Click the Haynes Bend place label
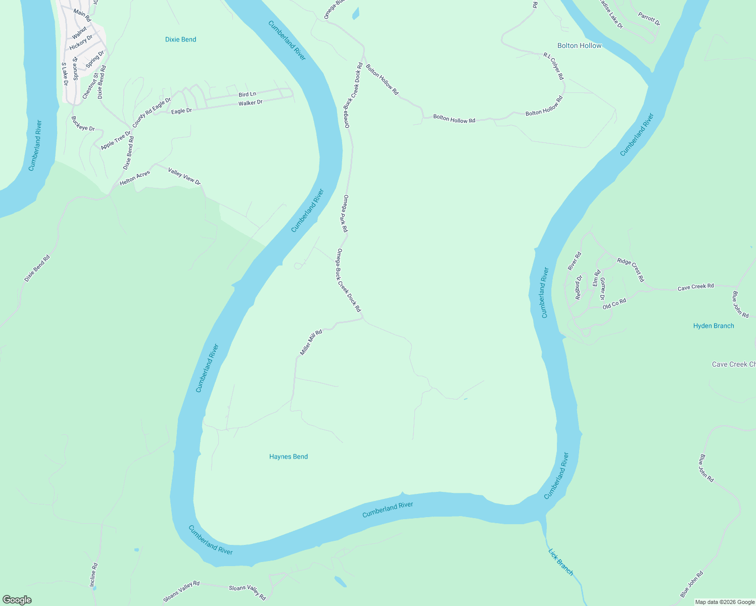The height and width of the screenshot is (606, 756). (288, 457)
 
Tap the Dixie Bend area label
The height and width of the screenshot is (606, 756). (180, 39)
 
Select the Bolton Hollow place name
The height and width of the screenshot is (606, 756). (579, 45)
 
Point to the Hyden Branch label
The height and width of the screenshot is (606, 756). (713, 326)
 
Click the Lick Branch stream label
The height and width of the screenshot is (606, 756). (561, 562)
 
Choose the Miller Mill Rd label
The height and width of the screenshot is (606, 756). (311, 342)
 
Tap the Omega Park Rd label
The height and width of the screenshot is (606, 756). (345, 214)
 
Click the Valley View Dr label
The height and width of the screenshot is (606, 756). (184, 176)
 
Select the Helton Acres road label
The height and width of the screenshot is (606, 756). (135, 177)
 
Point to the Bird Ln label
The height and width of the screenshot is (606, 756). (247, 94)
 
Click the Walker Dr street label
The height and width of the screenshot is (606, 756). (251, 103)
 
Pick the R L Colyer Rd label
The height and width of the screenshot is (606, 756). (553, 66)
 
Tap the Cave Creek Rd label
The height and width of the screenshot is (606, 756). (695, 287)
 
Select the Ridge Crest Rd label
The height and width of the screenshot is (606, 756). (631, 270)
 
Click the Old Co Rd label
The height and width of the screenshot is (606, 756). (614, 304)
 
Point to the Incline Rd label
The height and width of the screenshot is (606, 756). (93, 575)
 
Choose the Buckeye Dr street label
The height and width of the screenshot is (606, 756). (83, 124)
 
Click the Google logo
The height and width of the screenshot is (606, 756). (17, 599)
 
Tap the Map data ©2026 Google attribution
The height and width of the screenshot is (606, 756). (725, 602)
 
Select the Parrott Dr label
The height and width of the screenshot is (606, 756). (649, 19)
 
